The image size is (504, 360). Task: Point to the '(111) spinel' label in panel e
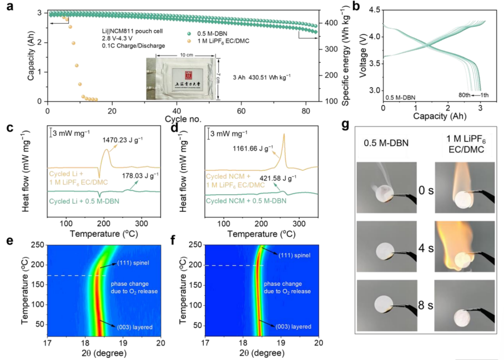pyautogui.click(x=132, y=262)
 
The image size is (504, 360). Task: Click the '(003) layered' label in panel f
pyautogui.click(x=293, y=326)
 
